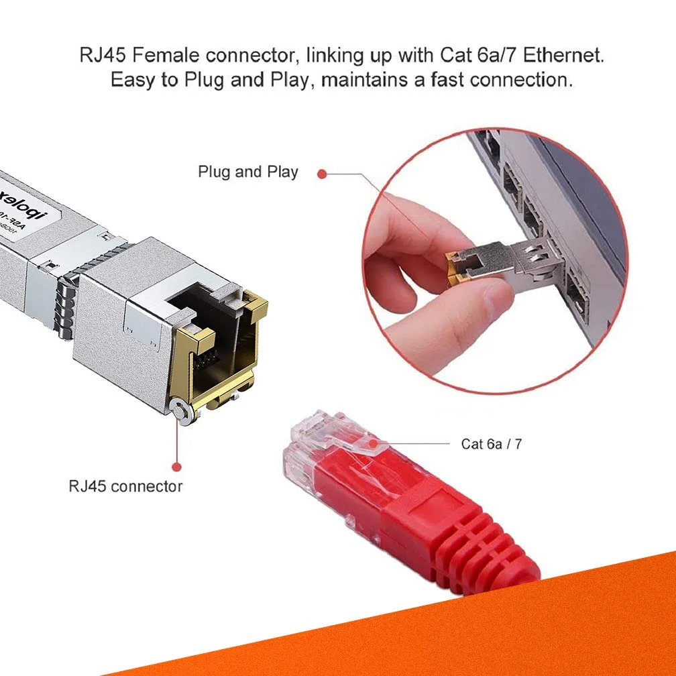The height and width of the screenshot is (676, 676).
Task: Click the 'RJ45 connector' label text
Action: point(125,486)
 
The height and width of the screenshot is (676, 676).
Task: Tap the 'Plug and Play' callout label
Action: point(247,172)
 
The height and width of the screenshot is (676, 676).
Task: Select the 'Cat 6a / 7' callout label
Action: point(491,443)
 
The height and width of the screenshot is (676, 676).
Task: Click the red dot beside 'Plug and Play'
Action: point(322,174)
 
